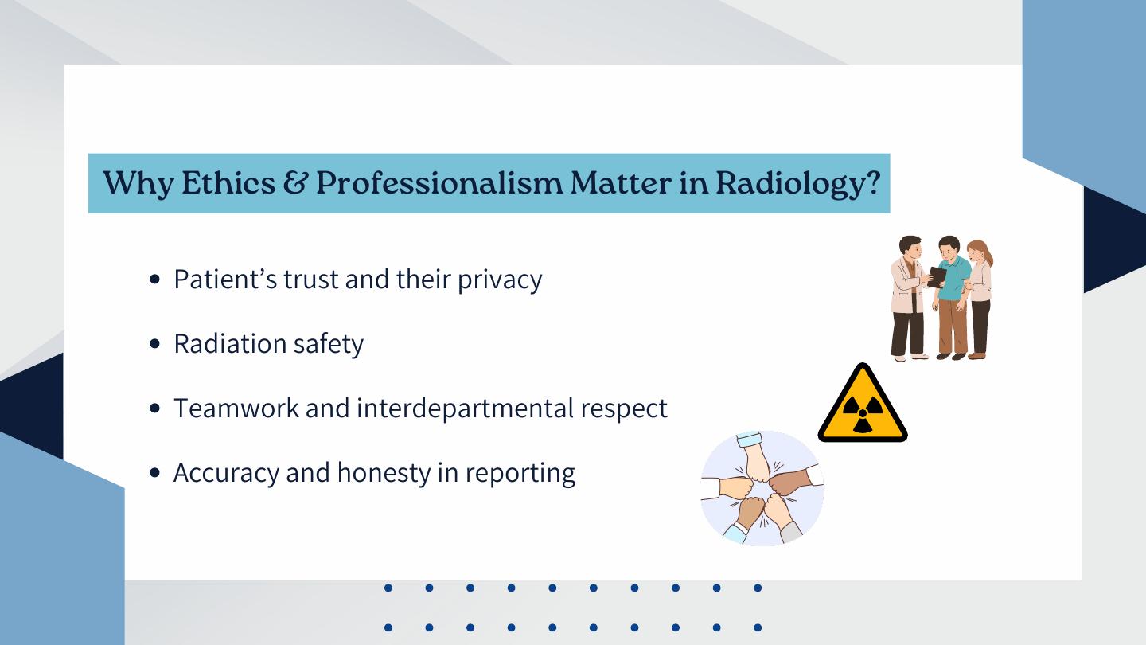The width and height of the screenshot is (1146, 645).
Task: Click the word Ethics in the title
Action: [x=228, y=182]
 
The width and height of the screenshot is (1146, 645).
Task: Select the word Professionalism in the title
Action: [x=439, y=182]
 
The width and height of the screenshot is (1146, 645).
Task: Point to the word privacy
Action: [x=500, y=280]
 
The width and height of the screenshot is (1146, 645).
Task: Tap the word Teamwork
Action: [x=236, y=408]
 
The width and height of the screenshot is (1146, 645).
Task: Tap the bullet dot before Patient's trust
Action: [x=154, y=279]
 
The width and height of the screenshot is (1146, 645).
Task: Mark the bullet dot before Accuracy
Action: [x=154, y=472]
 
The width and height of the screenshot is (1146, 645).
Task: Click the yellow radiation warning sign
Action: [x=863, y=404]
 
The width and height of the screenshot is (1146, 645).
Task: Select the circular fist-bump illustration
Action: [x=762, y=488]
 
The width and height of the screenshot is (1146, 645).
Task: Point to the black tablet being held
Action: [x=936, y=277]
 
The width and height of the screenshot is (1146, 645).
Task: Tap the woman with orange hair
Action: [x=980, y=299]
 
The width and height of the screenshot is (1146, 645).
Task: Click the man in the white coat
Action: [x=909, y=299]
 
